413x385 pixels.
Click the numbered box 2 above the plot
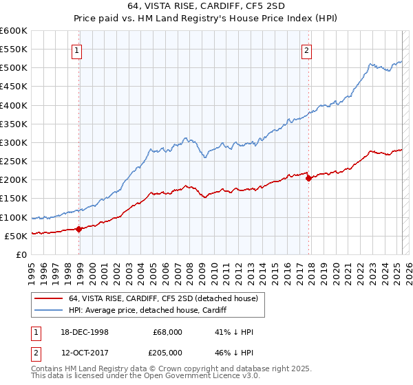tap(306, 49)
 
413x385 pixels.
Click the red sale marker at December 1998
tap(79, 229)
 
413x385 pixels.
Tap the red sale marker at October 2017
tap(308, 178)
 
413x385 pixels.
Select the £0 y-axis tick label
tap(21, 254)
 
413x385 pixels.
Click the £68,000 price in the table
tap(168, 331)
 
